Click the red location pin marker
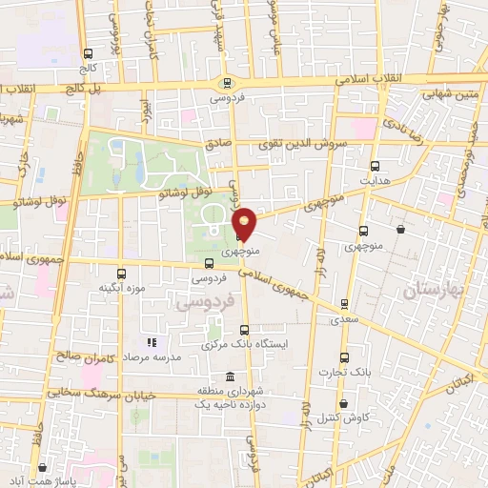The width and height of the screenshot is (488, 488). point(245,223)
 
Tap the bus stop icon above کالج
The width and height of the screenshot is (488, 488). point(89,54)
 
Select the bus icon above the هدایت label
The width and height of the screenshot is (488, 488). point(375,165)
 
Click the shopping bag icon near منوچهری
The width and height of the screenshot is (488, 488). point(399,229)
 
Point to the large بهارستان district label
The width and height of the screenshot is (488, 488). point(440,290)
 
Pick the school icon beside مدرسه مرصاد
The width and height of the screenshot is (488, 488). point(150,342)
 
